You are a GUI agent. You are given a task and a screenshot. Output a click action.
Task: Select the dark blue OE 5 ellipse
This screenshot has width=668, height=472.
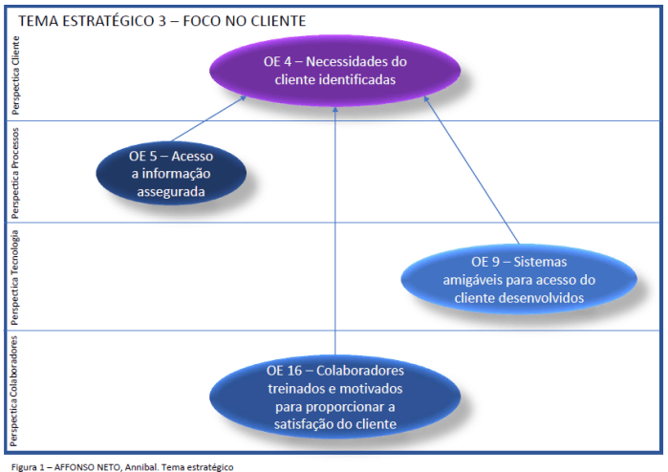pos(171,173)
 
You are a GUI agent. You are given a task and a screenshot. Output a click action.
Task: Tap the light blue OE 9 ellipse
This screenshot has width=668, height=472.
pos(519,278)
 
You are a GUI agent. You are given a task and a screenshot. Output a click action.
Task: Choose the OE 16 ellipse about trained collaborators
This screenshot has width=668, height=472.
pos(334,397)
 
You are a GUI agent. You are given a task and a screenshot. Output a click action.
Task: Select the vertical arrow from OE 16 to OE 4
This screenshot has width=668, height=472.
pos(334,229)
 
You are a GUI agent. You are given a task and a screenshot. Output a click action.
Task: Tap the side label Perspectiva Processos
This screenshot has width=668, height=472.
pos(14,172)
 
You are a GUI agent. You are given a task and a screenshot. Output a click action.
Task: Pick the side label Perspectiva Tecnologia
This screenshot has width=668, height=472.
pos(14,277)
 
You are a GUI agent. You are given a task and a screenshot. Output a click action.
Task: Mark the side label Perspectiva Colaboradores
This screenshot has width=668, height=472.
pos(14,391)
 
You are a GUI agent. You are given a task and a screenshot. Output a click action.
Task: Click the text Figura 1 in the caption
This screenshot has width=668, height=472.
pos(28,466)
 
